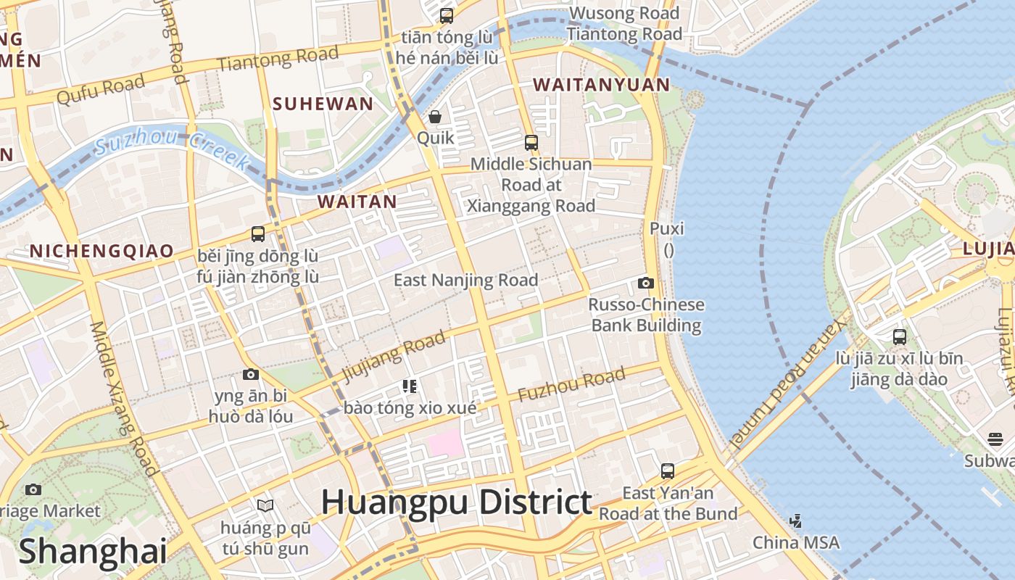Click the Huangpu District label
456,502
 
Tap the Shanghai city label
93,551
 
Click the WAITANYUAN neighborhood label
602,85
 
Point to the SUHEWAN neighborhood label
323,104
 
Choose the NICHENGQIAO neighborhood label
101,251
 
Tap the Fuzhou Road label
571,385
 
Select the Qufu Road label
101,91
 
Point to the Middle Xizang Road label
123,398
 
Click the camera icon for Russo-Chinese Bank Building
645,283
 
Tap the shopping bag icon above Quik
435,117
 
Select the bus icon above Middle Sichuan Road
531,143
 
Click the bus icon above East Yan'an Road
668,471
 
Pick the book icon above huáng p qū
265,505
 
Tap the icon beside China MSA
796,521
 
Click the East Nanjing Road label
465,280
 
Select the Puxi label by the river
666,228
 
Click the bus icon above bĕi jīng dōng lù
258,234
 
